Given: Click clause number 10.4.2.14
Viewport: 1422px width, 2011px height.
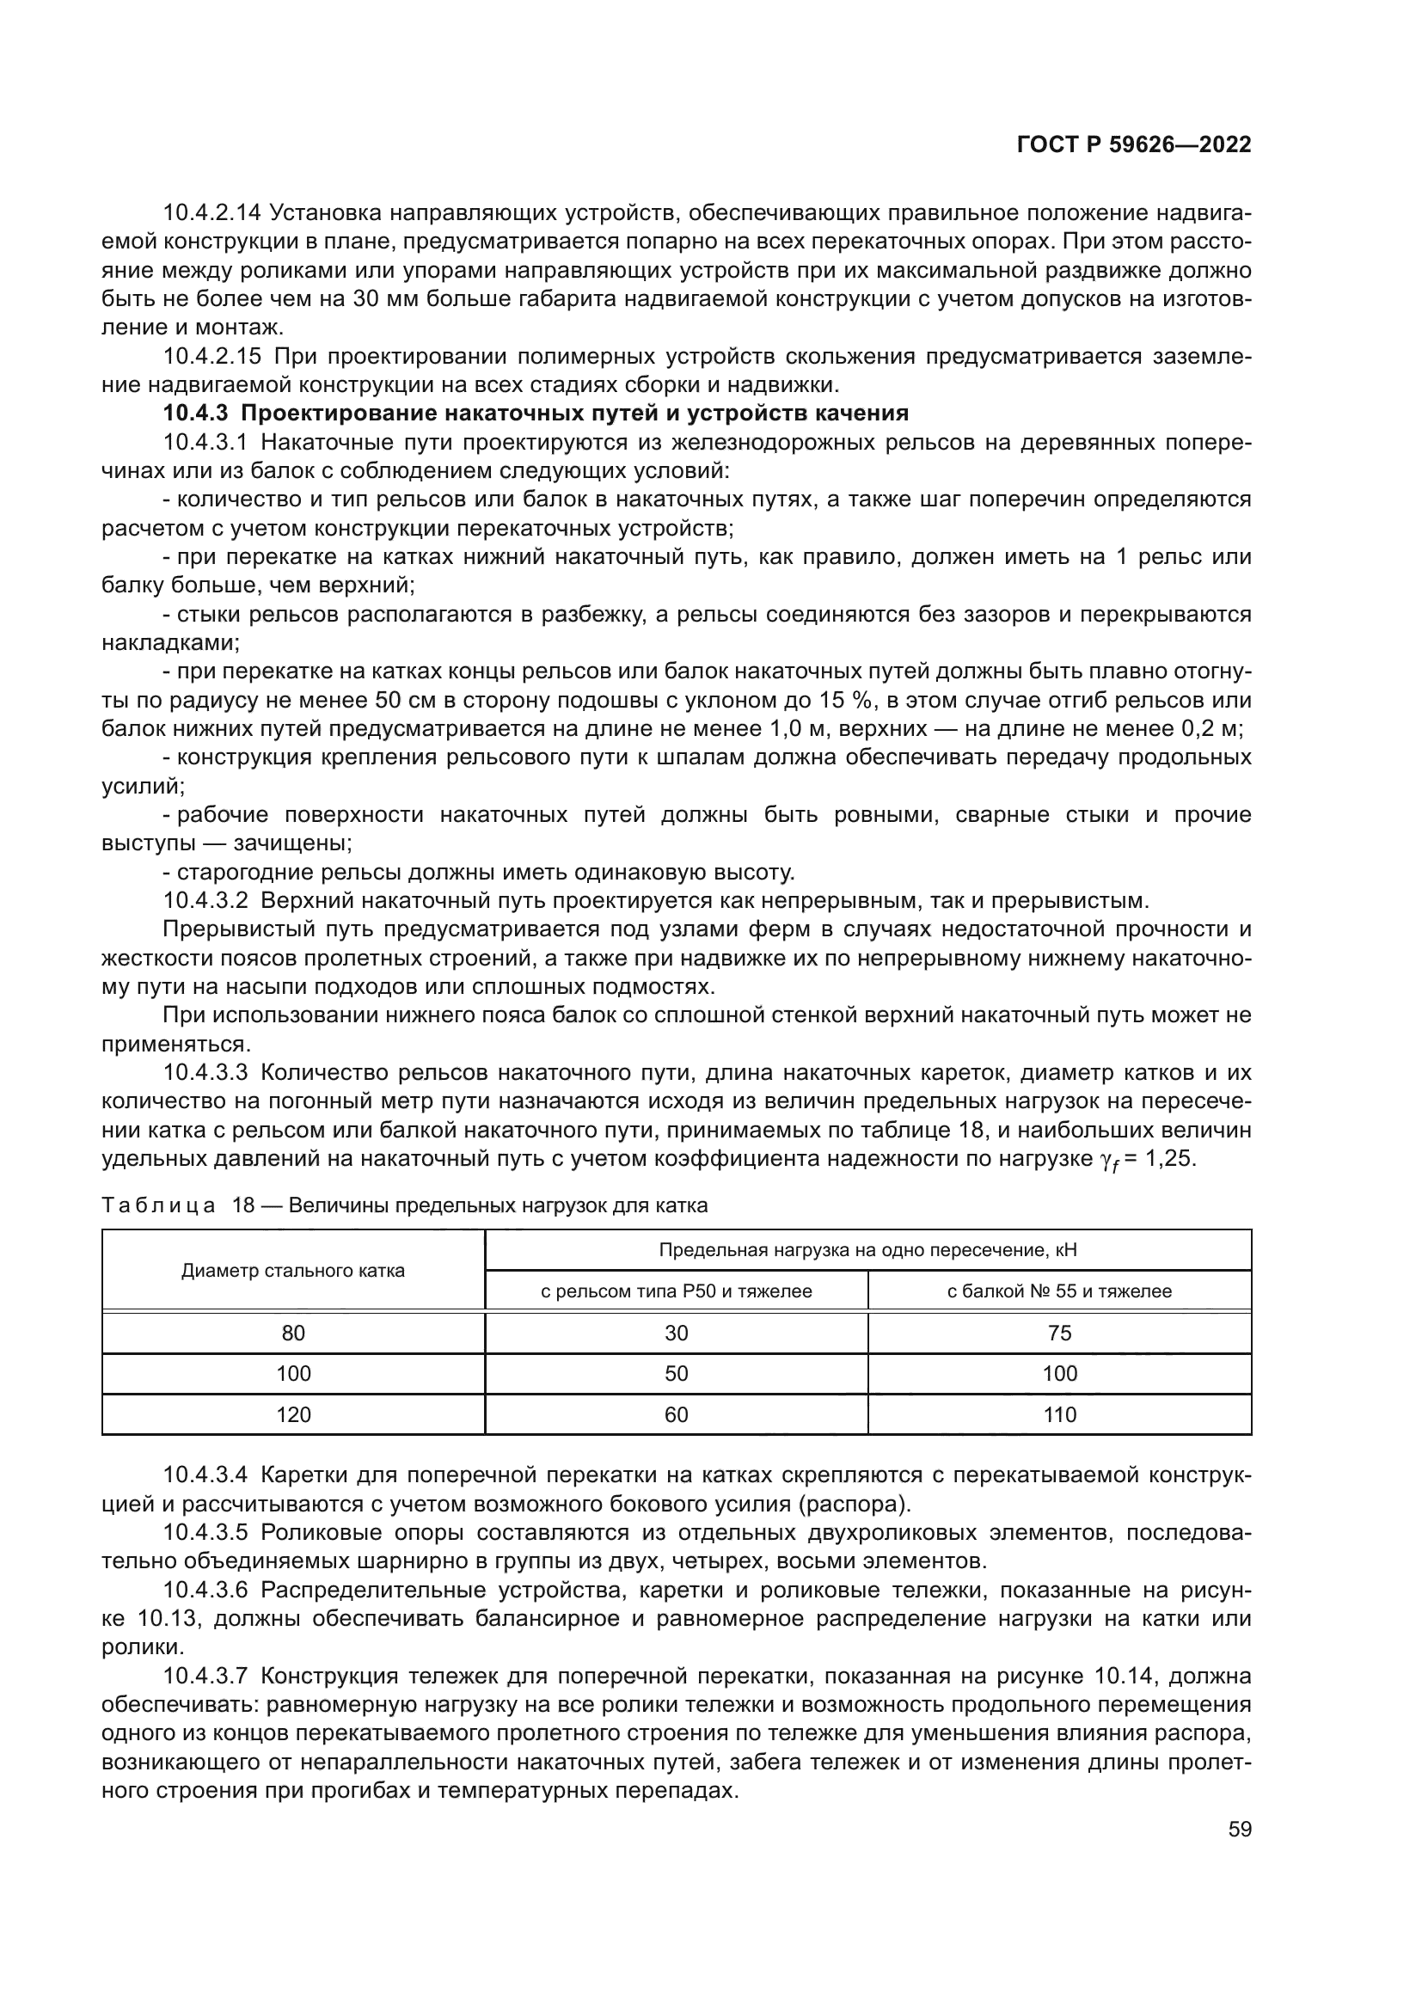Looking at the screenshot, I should pyautogui.click(x=211, y=213).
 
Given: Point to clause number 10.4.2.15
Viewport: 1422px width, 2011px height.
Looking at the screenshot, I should pyautogui.click(x=211, y=357).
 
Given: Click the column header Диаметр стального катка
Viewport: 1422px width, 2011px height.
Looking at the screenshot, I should pyautogui.click(x=292, y=1271).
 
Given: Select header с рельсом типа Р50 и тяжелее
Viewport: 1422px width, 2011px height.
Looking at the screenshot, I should pyautogui.click(x=676, y=1291).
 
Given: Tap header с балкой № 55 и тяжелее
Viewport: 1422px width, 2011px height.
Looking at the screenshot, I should pyautogui.click(x=1059, y=1291).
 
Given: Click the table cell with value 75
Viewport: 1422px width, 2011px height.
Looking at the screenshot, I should pyautogui.click(x=1059, y=1334).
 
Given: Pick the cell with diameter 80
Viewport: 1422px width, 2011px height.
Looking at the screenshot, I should pyautogui.click(x=293, y=1334).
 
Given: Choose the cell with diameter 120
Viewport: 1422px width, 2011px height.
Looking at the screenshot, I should pyautogui.click(x=293, y=1414).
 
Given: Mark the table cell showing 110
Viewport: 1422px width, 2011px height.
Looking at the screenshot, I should pyautogui.click(x=1059, y=1414).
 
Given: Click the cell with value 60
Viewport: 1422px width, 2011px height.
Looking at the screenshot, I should pyautogui.click(x=676, y=1414).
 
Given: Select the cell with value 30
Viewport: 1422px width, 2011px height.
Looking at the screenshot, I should pyautogui.click(x=676, y=1334).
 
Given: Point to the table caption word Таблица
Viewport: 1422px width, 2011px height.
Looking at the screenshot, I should pyautogui.click(x=158, y=1205).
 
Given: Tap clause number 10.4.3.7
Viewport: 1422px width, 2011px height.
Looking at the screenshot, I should pyautogui.click(x=205, y=1677).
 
